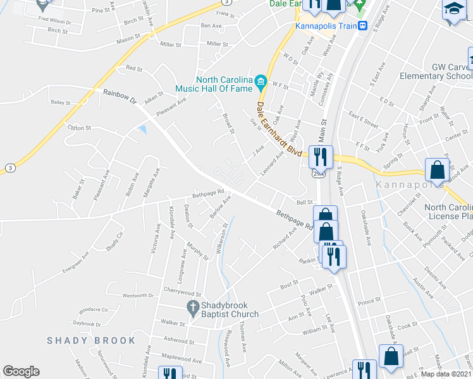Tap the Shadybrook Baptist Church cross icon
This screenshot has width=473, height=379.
pyautogui.click(x=193, y=308)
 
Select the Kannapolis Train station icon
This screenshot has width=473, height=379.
pyautogui.click(x=363, y=26)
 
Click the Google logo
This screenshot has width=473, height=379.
pyautogui.click(x=21, y=371)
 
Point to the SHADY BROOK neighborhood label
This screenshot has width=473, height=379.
pyautogui.click(x=91, y=340)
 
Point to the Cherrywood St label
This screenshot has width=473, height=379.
pyautogui.click(x=181, y=294)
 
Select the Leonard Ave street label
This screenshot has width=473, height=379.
pyautogui.click(x=271, y=162)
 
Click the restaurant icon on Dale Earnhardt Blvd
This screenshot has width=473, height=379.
pyautogui.click(x=320, y=155)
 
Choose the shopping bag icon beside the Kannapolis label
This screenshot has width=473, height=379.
pyautogui.click(x=437, y=169)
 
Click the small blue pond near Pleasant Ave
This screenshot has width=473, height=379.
pyautogui.click(x=144, y=129)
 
